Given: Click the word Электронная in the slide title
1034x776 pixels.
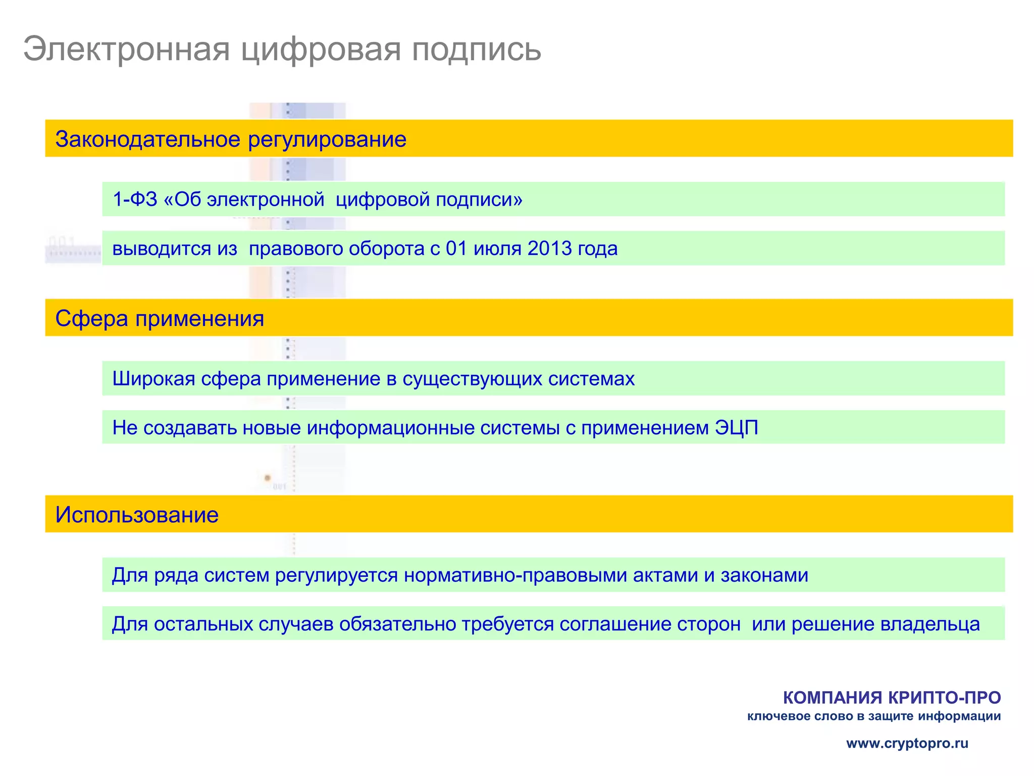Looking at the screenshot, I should (127, 50).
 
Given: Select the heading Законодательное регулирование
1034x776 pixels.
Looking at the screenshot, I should (231, 139).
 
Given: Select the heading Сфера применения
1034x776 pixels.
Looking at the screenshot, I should (160, 319).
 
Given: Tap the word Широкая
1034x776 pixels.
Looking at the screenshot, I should (153, 379).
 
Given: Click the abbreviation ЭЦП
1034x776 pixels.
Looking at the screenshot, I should (737, 428).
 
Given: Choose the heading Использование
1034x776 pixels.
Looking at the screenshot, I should (137, 515).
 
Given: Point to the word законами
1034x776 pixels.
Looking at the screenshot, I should (764, 575).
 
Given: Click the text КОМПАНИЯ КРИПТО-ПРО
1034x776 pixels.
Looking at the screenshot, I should (892, 698).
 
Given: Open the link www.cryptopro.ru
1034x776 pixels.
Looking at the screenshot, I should (907, 743).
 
